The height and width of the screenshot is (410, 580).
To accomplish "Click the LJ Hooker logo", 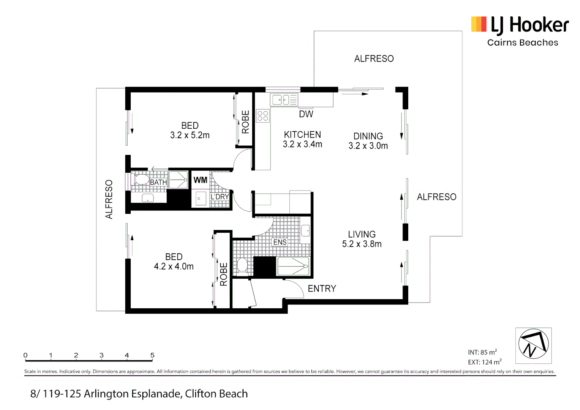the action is (520, 31).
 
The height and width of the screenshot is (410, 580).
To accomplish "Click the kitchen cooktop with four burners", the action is (262, 116).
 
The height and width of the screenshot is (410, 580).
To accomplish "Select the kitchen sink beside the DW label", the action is (284, 100).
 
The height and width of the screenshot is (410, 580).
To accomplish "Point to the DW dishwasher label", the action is (306, 114).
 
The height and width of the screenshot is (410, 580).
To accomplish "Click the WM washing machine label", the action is (200, 180).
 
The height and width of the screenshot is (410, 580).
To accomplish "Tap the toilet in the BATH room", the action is (140, 179).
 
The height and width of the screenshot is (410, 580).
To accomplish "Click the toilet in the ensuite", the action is (242, 265).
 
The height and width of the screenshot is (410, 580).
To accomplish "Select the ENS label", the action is (280, 242).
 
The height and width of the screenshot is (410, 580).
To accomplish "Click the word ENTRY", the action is (322, 289).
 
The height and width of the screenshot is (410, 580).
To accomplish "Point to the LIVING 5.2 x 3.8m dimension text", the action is (362, 244).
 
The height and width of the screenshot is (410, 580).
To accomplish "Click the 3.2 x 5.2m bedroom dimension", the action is (190, 135).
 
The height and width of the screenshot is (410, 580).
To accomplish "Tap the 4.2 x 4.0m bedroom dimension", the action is (174, 266).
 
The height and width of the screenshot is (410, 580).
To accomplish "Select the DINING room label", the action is (368, 136).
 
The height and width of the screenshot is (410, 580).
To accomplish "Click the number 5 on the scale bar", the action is (152, 355).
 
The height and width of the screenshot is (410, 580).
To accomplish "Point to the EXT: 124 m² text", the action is (484, 362).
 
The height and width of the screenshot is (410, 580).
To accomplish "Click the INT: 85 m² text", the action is (482, 352).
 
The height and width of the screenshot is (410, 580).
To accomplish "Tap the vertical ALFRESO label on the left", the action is (109, 199).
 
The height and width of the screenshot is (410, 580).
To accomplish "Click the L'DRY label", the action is (220, 197).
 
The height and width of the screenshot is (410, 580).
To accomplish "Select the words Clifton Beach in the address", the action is (216, 394).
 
